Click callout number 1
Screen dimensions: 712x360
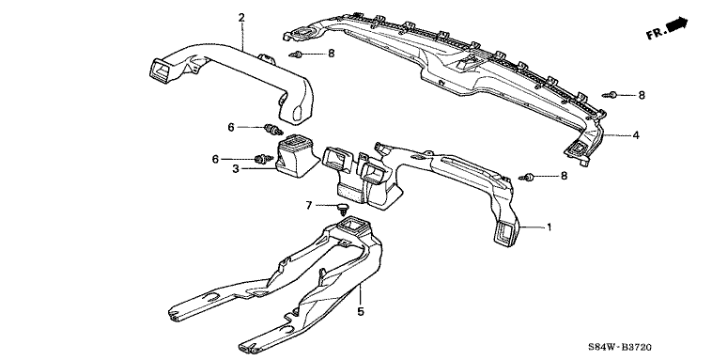click(x=549, y=227)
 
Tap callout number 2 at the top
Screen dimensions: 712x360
click(x=241, y=18)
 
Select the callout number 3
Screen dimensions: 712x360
click(x=235, y=169)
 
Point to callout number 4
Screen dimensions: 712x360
click(x=636, y=135)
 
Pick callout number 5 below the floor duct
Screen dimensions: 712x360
click(x=361, y=311)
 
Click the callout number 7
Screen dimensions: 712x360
click(x=309, y=206)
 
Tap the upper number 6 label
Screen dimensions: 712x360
click(x=231, y=127)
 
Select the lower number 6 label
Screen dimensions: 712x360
click(x=215, y=159)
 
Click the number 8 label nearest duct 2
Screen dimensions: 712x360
click(x=331, y=54)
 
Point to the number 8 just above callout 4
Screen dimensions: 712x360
click(x=642, y=95)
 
